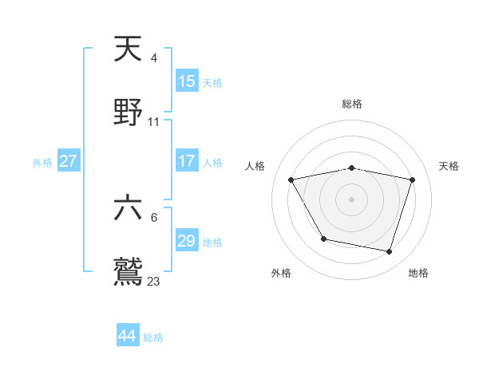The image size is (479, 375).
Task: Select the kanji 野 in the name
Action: point(129,112)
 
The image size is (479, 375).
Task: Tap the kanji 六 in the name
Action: point(129,208)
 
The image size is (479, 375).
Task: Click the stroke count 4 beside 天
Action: point(154,58)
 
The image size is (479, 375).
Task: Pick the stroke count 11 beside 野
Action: point(154,122)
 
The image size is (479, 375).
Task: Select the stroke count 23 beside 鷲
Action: point(154,281)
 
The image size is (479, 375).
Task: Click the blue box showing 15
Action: point(186,81)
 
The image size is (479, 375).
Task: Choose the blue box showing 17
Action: point(186,161)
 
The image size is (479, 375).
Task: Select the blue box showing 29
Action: point(186,241)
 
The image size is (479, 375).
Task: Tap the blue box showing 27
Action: point(69,161)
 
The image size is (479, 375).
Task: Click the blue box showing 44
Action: point(128,336)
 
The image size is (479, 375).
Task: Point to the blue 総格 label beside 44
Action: point(153,337)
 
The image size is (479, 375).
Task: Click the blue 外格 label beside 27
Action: point(42,163)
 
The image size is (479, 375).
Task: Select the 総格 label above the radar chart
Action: point(352,104)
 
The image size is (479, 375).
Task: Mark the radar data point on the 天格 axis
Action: point(413,180)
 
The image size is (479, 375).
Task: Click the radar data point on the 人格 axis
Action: point(291,180)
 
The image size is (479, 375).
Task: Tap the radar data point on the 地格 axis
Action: point(390,251)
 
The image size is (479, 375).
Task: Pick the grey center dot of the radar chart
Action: point(352,199)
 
